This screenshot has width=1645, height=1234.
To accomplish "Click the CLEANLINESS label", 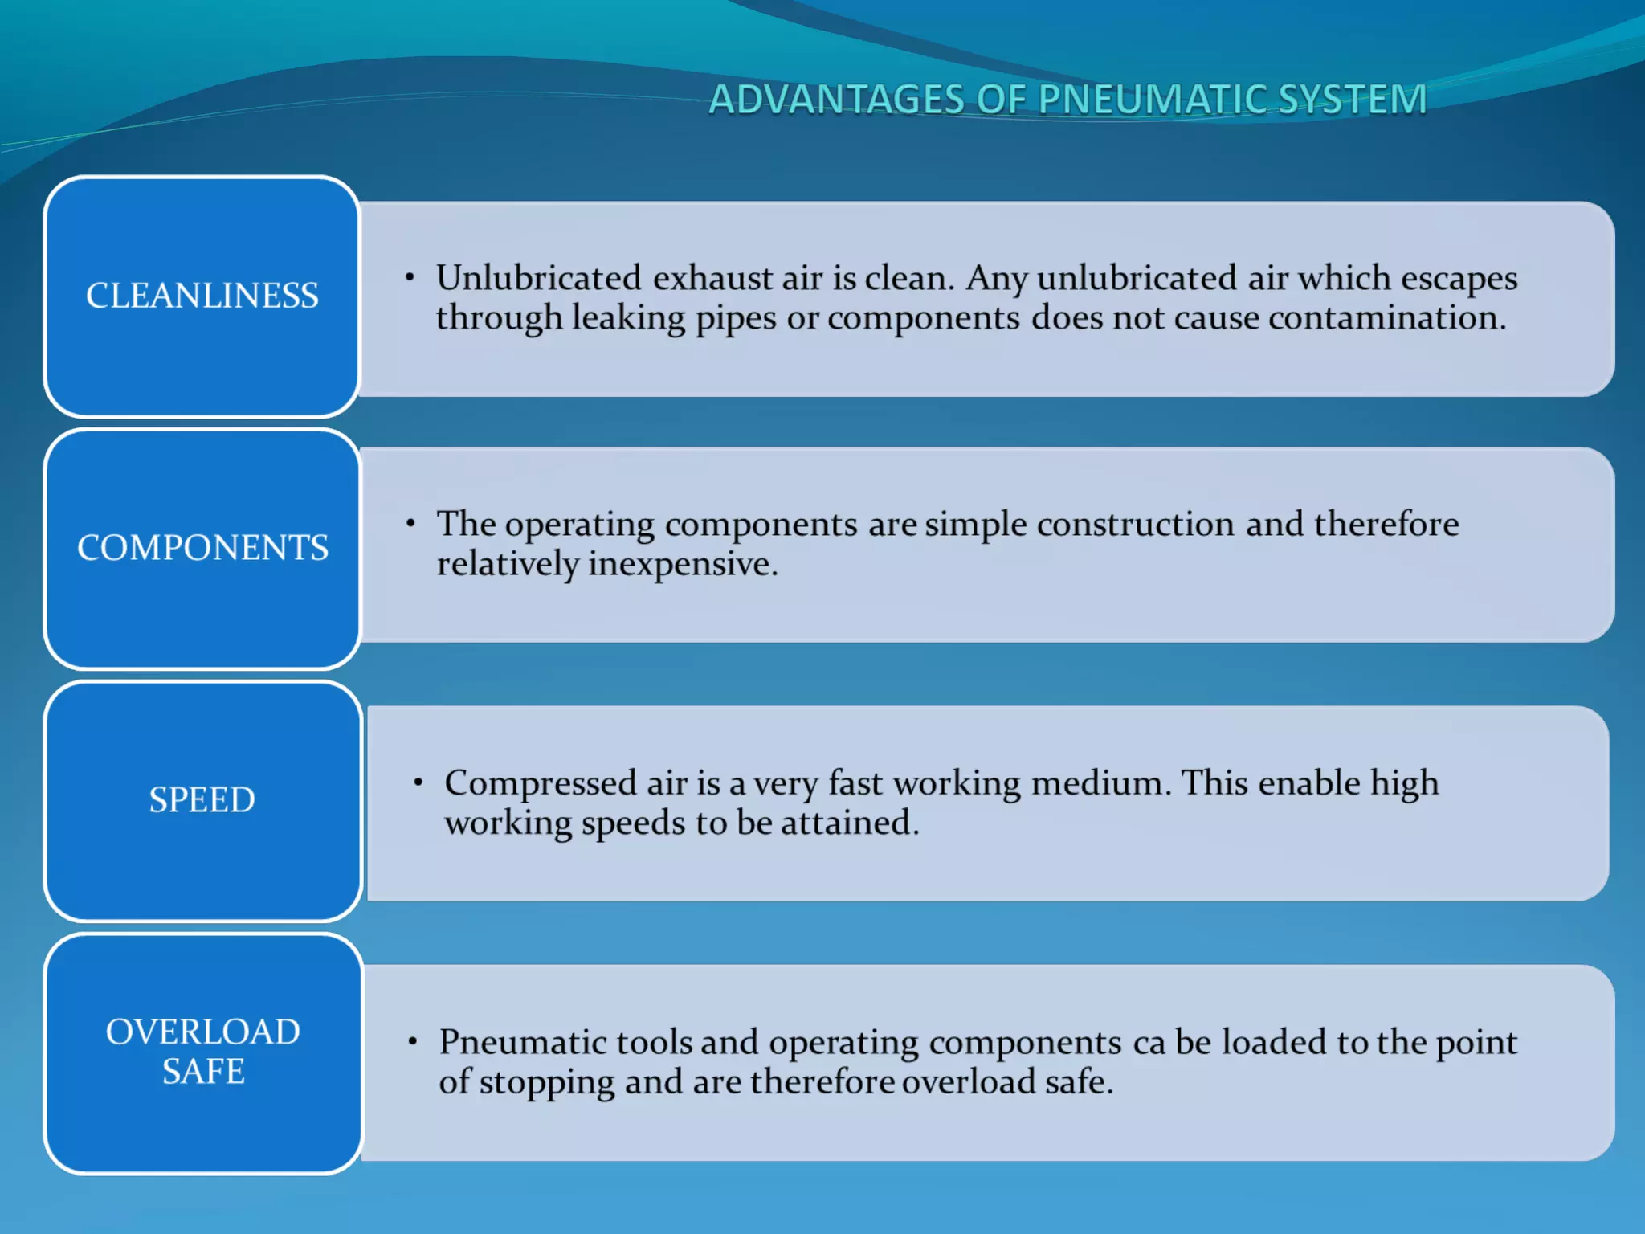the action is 202,296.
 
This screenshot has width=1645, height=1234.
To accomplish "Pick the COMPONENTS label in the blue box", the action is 202,548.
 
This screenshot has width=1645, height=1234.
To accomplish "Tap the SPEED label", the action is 202,800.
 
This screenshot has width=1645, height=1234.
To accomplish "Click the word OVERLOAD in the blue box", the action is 203,1032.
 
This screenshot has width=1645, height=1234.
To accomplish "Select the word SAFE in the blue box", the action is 203,1072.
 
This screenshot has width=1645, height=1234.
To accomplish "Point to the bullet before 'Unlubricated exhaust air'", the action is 410,278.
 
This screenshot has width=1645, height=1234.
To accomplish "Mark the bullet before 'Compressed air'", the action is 418,782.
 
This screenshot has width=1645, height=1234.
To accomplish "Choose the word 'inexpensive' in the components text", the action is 683,564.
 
